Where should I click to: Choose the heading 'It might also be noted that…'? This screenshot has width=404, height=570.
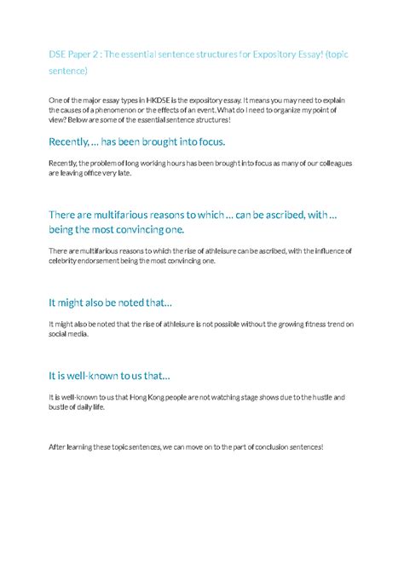click(110, 302)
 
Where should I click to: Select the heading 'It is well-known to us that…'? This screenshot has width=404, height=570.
click(109, 376)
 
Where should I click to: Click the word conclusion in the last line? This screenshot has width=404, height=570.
click(259, 448)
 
